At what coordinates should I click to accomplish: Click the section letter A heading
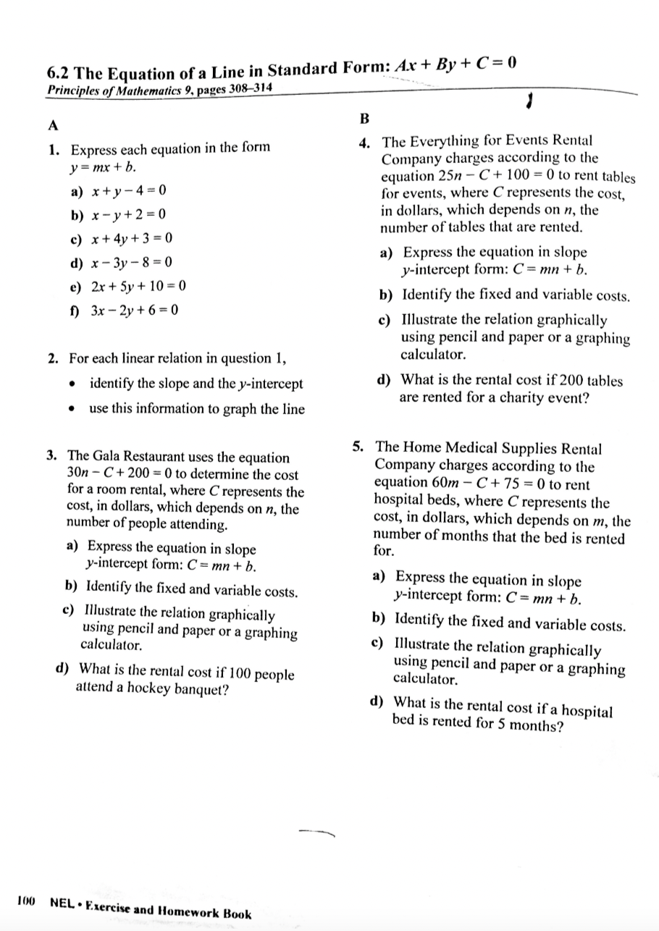(x=52, y=125)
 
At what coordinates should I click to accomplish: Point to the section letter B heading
(x=364, y=117)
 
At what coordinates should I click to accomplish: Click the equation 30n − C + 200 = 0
(x=120, y=475)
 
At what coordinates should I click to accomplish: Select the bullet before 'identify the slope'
(x=73, y=384)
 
